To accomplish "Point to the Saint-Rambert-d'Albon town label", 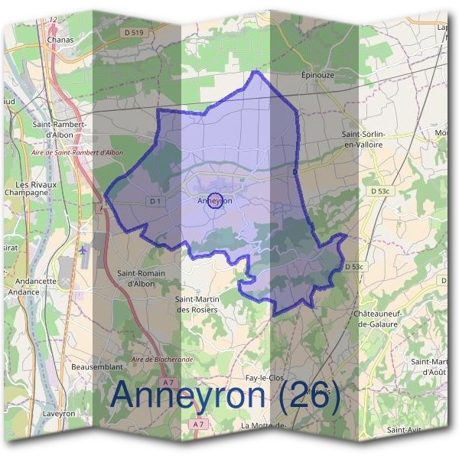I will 59,129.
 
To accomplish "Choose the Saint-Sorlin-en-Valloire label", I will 362,138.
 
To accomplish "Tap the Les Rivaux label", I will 33,185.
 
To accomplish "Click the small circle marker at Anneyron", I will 215,200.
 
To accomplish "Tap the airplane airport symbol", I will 83,249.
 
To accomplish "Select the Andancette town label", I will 32,281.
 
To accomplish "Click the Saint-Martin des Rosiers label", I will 197,304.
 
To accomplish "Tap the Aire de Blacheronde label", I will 162,359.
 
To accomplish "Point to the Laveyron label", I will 59,413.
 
